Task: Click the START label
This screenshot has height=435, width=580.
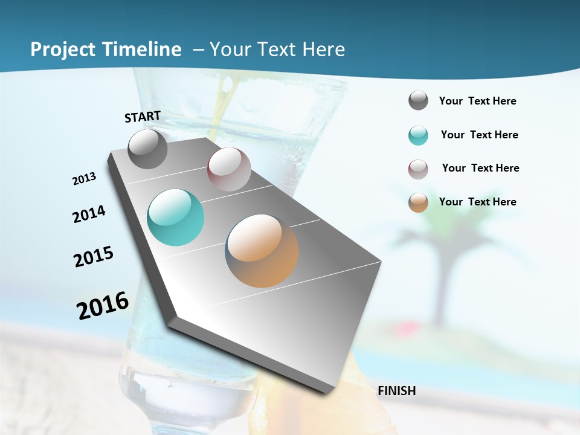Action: (143, 117)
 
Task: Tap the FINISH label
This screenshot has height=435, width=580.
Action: (397, 391)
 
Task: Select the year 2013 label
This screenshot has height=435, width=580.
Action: (84, 179)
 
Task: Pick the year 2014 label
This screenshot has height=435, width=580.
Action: (89, 214)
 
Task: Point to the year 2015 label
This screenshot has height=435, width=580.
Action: (94, 257)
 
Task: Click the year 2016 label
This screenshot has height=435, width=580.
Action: (103, 306)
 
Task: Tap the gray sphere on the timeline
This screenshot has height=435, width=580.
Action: (148, 149)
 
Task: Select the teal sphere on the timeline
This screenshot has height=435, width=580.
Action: (176, 217)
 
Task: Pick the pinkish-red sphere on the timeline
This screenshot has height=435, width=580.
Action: (229, 169)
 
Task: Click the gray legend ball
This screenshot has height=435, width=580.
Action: (418, 101)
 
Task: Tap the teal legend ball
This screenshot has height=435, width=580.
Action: (418, 135)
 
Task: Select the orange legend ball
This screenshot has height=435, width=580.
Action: (418, 202)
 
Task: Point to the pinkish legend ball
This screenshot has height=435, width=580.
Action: (418, 169)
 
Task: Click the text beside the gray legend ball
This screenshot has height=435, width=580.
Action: (478, 101)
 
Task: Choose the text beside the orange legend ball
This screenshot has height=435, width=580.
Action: (478, 202)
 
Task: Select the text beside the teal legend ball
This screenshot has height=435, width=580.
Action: (480, 135)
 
